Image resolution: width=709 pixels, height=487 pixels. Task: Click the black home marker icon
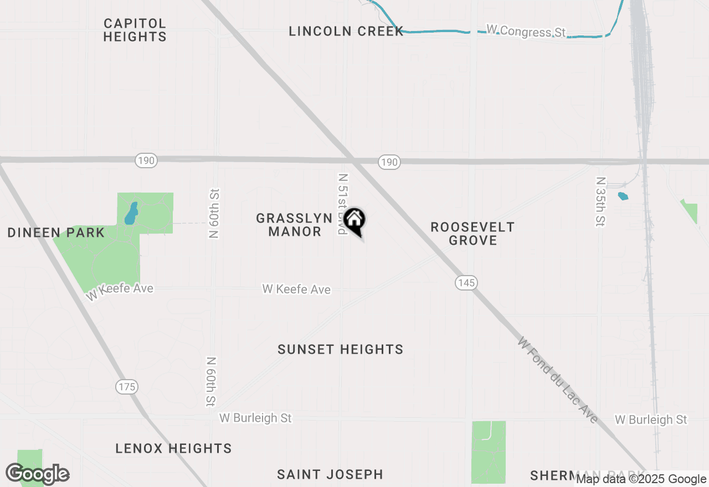coord(354,220)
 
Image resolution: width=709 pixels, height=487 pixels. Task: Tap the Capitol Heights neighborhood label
coord(135,30)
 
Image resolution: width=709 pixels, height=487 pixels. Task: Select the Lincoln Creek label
coord(346,32)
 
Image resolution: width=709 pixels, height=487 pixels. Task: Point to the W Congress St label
coord(526,31)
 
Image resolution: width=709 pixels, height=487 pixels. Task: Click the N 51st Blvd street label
coord(343,204)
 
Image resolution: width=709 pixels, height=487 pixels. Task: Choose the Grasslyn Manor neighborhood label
coord(294,225)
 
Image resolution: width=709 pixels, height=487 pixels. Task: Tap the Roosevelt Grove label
coord(472,234)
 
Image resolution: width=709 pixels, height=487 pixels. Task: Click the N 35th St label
coord(600,201)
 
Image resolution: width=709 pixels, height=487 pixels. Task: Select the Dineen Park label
coord(56,232)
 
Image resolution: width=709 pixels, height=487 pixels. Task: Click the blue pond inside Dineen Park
coord(131,213)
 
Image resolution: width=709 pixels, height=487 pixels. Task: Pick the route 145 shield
coord(466,283)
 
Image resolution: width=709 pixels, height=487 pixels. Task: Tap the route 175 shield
coord(127,387)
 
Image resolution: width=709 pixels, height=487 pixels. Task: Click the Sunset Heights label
coord(340,349)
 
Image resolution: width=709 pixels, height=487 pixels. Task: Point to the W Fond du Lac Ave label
coord(557,380)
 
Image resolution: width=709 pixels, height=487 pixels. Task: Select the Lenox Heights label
coord(173,448)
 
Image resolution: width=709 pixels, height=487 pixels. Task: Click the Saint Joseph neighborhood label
coord(330,474)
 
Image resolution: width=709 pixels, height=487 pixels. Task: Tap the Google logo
coord(38,474)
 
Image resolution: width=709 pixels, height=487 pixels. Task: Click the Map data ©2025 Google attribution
coord(641,479)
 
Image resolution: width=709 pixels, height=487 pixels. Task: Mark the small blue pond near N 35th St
coord(623,196)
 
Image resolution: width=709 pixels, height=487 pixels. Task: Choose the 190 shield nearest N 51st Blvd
coord(389,162)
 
